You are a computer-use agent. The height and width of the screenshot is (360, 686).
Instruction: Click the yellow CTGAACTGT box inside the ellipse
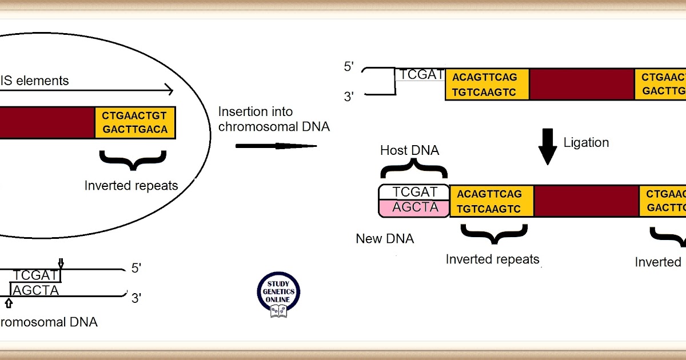135,122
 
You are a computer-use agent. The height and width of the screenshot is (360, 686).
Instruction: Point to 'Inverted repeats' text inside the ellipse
131,186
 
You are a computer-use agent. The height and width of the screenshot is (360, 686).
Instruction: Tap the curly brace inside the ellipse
133,161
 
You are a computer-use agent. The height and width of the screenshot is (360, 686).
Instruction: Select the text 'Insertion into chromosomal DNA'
274,119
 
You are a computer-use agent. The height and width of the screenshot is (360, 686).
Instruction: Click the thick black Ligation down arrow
548,146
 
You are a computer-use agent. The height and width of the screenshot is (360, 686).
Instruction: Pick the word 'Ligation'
586,142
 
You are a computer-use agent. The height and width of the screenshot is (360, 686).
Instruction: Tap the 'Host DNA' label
410,150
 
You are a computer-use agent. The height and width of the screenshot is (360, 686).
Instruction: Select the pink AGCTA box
414,208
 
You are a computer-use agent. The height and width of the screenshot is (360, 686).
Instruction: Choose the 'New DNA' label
385,238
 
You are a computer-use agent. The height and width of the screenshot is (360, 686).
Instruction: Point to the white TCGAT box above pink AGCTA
414,193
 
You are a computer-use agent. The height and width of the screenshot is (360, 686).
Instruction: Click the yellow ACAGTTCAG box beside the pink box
492,201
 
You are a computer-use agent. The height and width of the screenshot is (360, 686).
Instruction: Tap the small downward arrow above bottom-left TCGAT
61,263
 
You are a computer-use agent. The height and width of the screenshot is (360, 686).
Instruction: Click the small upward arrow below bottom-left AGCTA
9,303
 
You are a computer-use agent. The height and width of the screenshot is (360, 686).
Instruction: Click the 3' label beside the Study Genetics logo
137,297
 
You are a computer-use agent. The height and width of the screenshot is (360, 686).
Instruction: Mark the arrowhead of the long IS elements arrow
169,90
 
